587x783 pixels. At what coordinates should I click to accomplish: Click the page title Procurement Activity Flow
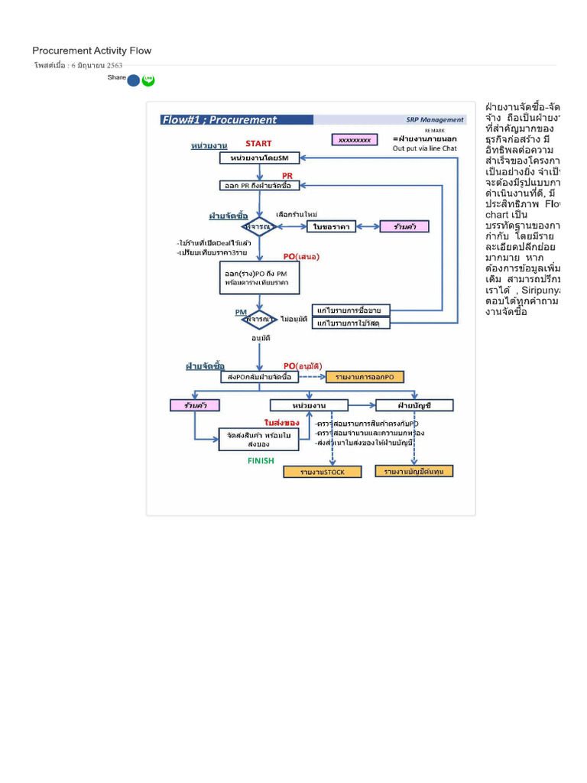point(92,51)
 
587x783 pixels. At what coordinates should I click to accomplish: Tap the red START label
point(258,143)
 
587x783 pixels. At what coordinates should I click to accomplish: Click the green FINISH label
point(261,461)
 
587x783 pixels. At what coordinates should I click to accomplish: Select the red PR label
point(288,175)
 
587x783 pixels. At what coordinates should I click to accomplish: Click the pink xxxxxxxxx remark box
point(355,140)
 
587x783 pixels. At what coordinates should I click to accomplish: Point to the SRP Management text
point(435,119)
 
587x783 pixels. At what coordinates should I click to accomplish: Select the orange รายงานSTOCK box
point(323,472)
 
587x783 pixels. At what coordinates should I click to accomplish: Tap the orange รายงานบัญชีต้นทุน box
point(413,471)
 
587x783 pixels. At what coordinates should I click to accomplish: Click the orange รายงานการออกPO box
point(365,377)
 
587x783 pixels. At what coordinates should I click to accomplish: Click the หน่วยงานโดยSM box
point(260,158)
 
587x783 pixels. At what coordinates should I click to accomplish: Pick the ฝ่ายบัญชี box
point(413,404)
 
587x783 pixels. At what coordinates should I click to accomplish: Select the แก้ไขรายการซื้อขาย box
point(352,310)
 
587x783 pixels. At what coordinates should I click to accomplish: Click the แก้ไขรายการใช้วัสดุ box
point(352,323)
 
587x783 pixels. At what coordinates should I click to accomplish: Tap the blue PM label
point(241,312)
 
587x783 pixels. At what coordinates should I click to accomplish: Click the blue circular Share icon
point(134,80)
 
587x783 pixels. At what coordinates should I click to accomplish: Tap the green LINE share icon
point(148,80)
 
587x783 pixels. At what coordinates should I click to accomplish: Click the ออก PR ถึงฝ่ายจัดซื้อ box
point(260,185)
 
